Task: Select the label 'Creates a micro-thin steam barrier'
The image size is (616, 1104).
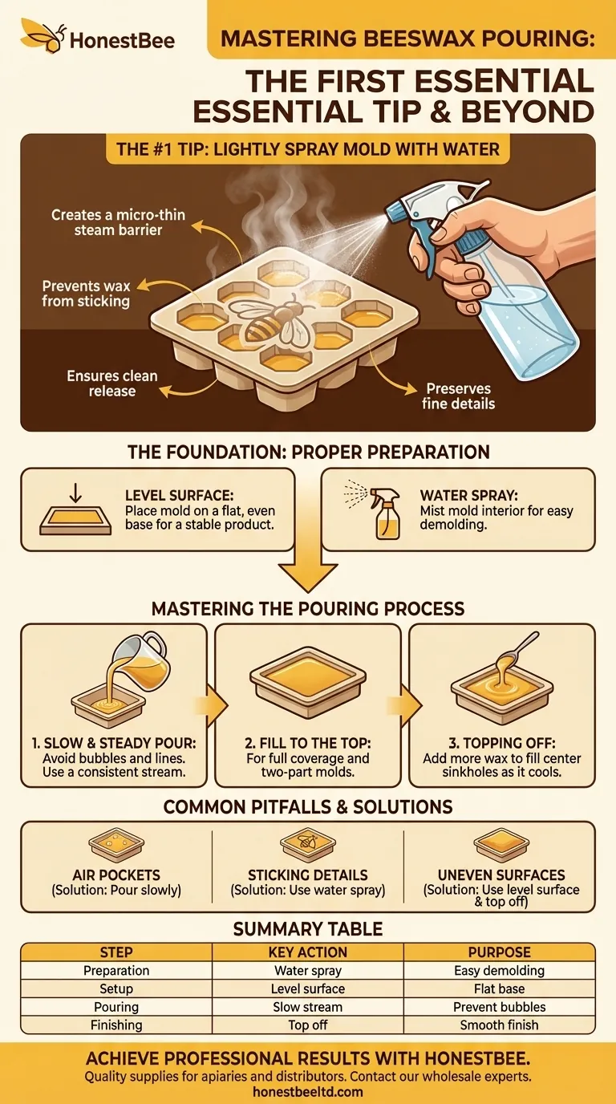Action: coord(107,222)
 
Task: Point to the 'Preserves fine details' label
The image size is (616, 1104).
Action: coord(459,396)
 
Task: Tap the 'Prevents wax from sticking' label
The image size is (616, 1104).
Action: coord(86,293)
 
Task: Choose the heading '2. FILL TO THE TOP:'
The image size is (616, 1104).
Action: coord(308,743)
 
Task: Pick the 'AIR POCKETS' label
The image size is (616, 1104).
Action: coord(115,875)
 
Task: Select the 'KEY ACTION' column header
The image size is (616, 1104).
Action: coord(308,952)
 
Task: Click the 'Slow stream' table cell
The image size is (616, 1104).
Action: coord(308,1007)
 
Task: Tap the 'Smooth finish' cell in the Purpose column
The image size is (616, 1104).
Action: coord(499,1025)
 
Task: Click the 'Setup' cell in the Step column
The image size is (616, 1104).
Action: coord(116,988)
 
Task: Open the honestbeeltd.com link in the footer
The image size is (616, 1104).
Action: coord(308,1091)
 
